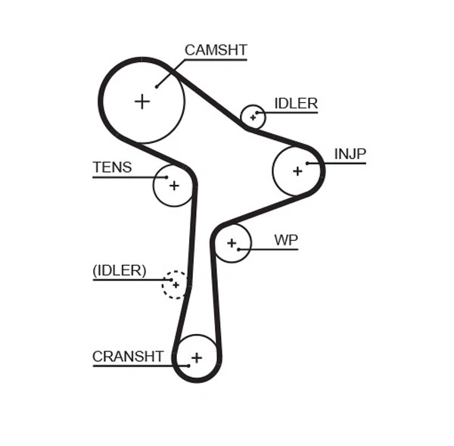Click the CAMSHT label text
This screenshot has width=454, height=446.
(216, 50)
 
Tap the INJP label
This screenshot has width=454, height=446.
(350, 154)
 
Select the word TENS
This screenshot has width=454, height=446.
(112, 167)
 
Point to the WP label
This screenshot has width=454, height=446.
(285, 240)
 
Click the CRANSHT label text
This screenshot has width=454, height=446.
(128, 356)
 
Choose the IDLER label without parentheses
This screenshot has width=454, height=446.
(296, 104)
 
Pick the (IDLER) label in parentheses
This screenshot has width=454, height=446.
(119, 270)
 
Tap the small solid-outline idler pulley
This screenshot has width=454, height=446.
(253, 117)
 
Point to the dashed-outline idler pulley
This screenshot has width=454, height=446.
(176, 285)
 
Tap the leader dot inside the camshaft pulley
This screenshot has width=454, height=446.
(157, 86)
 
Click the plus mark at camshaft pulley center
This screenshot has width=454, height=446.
(142, 101)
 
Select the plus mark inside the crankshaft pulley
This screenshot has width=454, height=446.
(197, 357)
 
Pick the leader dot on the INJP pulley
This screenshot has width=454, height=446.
(307, 163)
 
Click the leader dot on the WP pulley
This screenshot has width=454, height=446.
(238, 249)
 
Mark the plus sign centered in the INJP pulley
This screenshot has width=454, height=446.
(297, 171)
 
